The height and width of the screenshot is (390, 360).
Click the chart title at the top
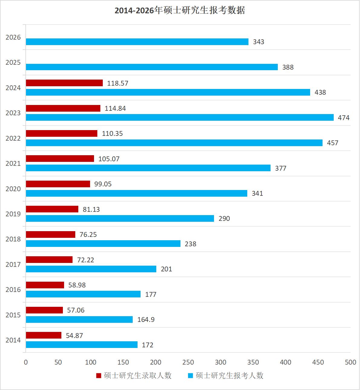point(180,10)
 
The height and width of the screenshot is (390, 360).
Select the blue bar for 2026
point(137,42)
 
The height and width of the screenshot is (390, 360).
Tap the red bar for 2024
point(64,83)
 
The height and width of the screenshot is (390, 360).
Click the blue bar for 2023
point(180,117)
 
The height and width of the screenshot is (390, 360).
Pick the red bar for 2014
point(44,335)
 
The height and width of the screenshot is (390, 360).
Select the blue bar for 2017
point(91,269)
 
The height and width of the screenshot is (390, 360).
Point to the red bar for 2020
point(58,184)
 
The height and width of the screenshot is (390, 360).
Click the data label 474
point(343,118)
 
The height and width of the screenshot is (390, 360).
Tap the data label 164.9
point(146,320)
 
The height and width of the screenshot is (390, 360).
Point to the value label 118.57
point(118,83)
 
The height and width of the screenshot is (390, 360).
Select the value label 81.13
point(91,209)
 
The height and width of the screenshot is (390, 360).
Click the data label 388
point(288,67)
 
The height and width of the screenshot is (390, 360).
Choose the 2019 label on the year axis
point(13,214)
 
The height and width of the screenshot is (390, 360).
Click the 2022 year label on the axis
point(13,138)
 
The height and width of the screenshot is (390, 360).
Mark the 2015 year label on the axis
point(13,315)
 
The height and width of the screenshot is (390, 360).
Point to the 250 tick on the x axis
point(188,362)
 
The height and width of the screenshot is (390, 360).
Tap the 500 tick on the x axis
point(350,362)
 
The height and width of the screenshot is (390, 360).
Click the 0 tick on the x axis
point(26,362)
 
